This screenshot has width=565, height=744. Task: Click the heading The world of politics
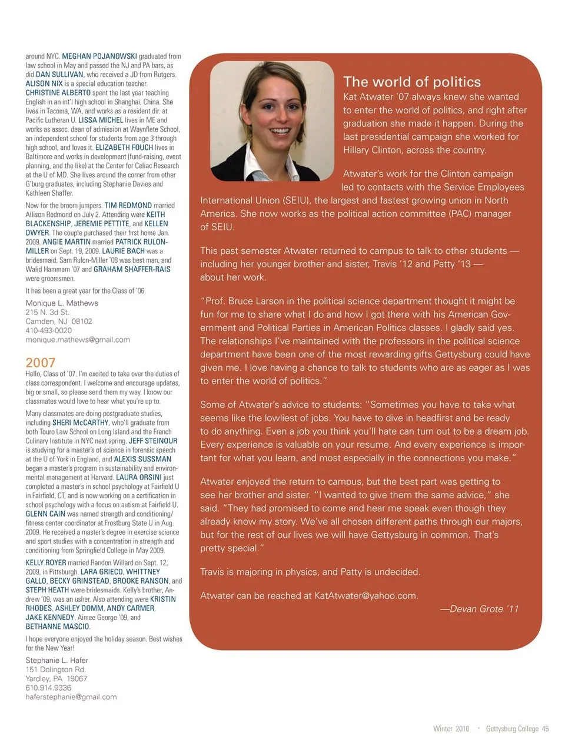coord(412,82)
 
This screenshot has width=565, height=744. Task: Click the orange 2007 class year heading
coord(40,362)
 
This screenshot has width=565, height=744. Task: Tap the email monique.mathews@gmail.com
coord(78,339)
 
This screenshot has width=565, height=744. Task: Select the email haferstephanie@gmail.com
coord(71,696)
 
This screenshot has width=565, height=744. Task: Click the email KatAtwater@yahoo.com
coord(366,595)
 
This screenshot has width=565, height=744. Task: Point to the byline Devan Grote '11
coord(480,609)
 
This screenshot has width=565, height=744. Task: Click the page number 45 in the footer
coord(546,729)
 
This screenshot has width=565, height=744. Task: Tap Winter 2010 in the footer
coord(451,729)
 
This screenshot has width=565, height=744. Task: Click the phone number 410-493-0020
coord(48,330)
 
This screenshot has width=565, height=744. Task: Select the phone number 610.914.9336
coord(48,688)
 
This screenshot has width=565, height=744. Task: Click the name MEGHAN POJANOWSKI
coord(99,56)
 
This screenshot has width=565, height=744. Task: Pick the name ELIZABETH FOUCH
coord(124,148)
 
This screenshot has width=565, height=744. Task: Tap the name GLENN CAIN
coord(45,514)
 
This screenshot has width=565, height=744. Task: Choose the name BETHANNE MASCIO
coord(58,626)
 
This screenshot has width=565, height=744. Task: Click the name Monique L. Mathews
coord(62,303)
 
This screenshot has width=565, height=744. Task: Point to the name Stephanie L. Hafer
coord(56,660)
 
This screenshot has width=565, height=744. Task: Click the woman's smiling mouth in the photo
coord(280,131)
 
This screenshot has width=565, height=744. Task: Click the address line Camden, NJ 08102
coord(59,321)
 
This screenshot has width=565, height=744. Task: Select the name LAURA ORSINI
coord(139,477)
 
